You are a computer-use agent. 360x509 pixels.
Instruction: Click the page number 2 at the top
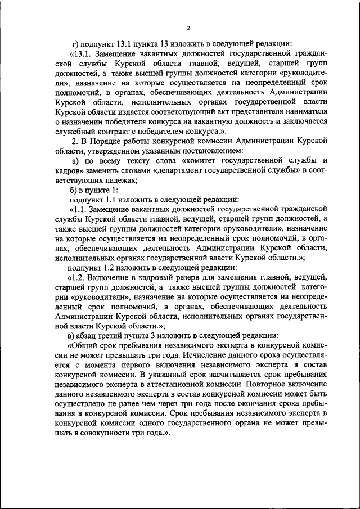point(190,28)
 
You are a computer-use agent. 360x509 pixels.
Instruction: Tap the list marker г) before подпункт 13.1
point(76,43)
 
